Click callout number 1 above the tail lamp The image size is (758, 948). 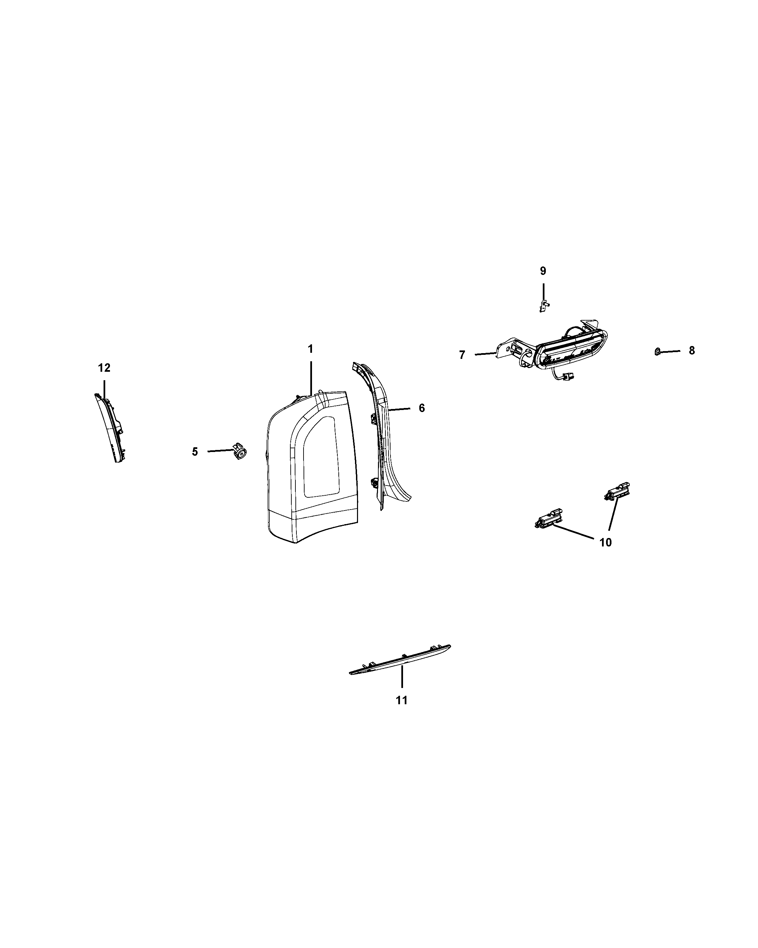[x=310, y=349]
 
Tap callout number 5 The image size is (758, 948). [x=195, y=452]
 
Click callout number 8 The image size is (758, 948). [x=692, y=350]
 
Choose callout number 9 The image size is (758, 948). [x=543, y=271]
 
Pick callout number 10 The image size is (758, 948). [x=605, y=543]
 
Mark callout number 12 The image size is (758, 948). [x=104, y=368]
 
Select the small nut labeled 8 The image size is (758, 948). [x=658, y=351]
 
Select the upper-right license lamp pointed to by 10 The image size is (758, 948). [x=618, y=489]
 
